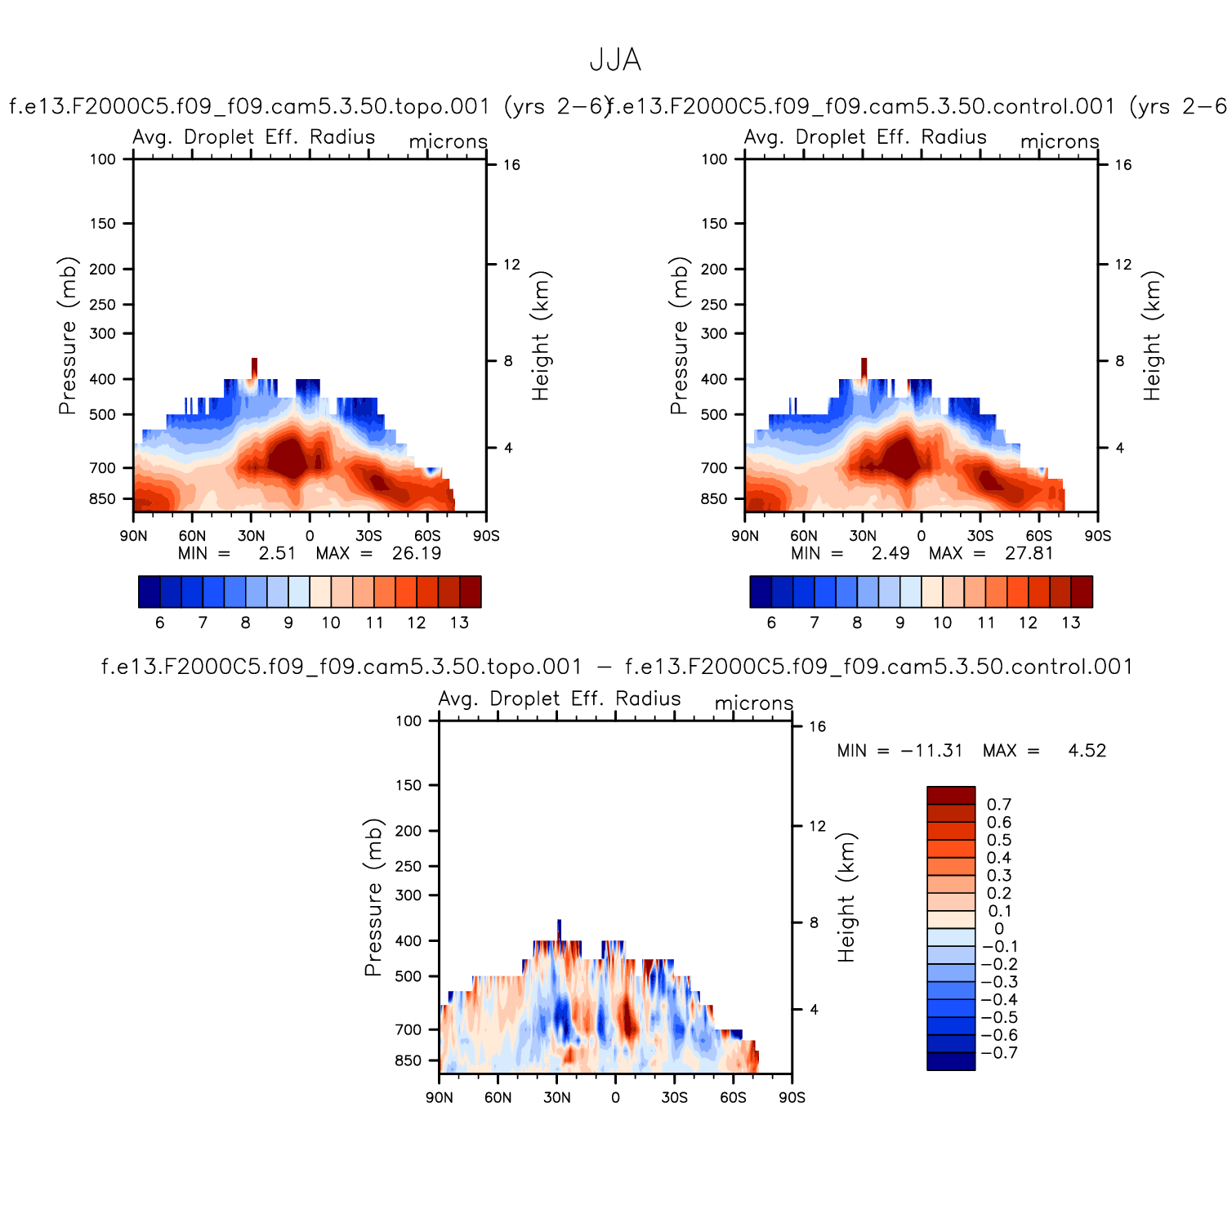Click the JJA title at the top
[x=615, y=60]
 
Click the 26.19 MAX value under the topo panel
[x=417, y=554]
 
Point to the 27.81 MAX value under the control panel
[x=1029, y=554]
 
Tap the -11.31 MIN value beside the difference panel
[x=931, y=751]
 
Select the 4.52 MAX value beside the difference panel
[x=1087, y=751]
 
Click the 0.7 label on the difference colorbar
[x=998, y=805]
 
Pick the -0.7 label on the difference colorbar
[x=999, y=1053]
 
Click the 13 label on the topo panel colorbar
[x=459, y=623]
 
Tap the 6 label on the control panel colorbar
[x=771, y=623]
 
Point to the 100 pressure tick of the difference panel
[x=408, y=721]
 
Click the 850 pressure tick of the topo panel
[x=103, y=499]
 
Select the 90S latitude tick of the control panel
[x=1097, y=536]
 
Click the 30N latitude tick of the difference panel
[x=557, y=1097]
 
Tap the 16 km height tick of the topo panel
[x=511, y=165]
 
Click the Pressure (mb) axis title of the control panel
[x=679, y=336]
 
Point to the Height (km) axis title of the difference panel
[x=846, y=897]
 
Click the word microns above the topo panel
[x=448, y=142]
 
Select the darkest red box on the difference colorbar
[x=951, y=796]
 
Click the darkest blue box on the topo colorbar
[x=150, y=591]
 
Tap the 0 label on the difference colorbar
[x=998, y=929]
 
